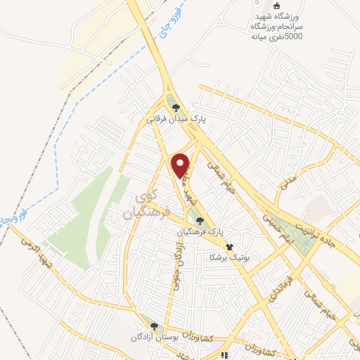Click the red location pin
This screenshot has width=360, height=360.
click(x=181, y=165)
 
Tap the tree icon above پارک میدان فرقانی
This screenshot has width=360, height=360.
click(x=176, y=108)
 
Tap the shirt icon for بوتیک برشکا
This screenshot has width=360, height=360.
click(x=229, y=247)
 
